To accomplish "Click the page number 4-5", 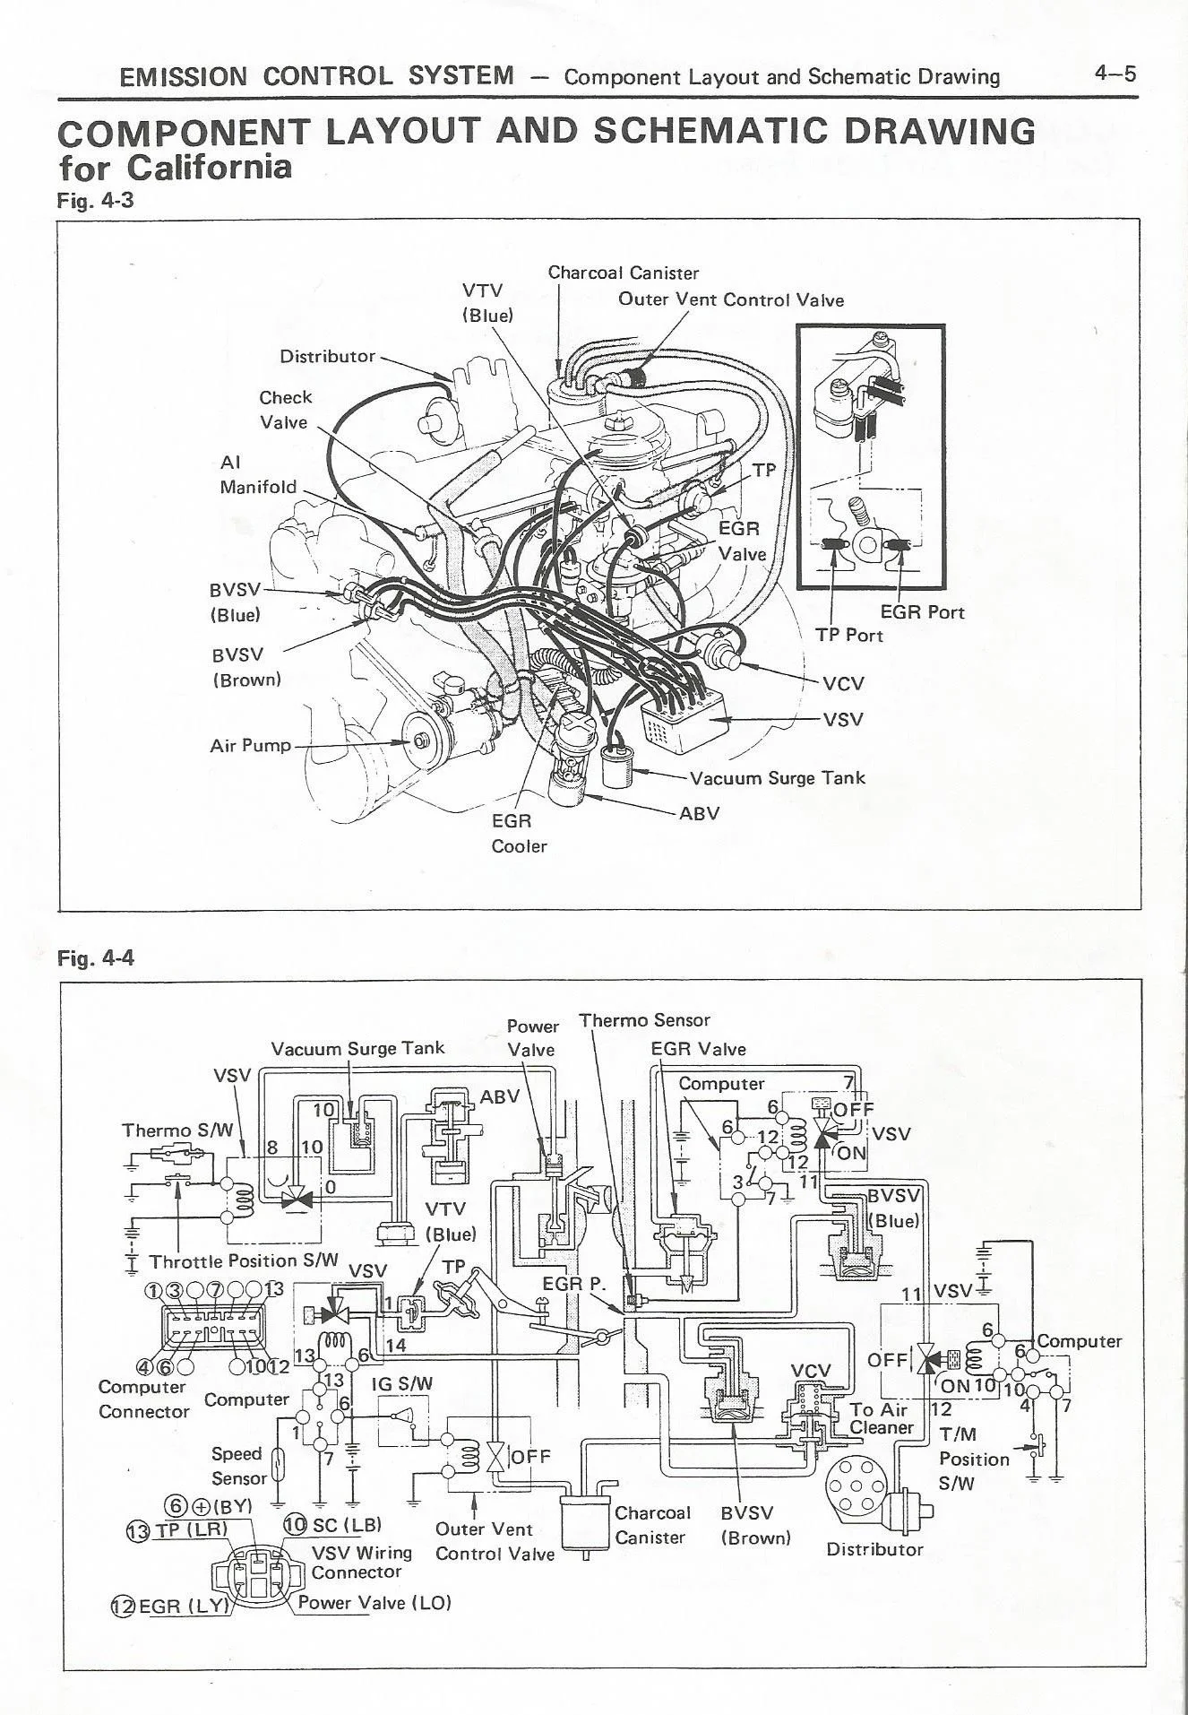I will (x=1115, y=74).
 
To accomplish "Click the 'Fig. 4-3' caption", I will (x=95, y=200).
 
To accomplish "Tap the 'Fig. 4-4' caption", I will (x=95, y=958).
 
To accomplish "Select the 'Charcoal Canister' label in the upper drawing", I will (x=623, y=273).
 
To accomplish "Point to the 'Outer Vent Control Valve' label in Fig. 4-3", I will (x=731, y=299).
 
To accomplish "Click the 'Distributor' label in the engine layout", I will (x=327, y=356).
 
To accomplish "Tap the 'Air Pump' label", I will (x=250, y=745).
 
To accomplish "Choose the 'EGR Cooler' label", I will (x=519, y=833).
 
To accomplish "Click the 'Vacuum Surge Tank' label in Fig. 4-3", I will (x=778, y=777).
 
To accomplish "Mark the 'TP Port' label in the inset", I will (x=848, y=635).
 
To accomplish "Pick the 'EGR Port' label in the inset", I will (x=922, y=612).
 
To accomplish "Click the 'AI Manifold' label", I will (x=257, y=474).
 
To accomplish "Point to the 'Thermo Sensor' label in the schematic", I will (x=644, y=1020).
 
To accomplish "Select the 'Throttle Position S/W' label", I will (x=244, y=1260).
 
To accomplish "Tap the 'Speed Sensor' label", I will (x=238, y=1466).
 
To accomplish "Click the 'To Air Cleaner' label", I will (x=881, y=1418).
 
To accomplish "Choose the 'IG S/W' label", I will (x=401, y=1383).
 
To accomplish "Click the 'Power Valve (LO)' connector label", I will (x=374, y=1602).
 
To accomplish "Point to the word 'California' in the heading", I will (x=209, y=167).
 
